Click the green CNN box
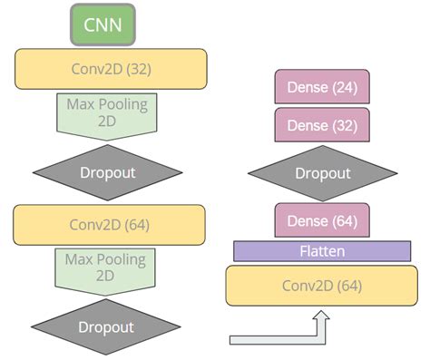pyautogui.click(x=103, y=24)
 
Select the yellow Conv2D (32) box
pyautogui.click(x=110, y=69)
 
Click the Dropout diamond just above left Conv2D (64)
pyautogui.click(x=107, y=172)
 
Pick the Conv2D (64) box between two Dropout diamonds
pyautogui.click(x=110, y=224)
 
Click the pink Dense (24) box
pyautogui.click(x=321, y=87)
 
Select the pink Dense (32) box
pyautogui.click(x=321, y=124)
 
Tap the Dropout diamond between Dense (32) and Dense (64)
pyautogui.click(x=321, y=173)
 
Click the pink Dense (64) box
pyautogui.click(x=321, y=220)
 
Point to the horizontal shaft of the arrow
pyautogui.click(x=272, y=339)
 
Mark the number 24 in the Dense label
pyautogui.click(x=343, y=87)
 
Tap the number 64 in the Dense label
pyautogui.click(x=343, y=220)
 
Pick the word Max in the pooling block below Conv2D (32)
pyautogui.click(x=81, y=104)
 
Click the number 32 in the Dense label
pyautogui.click(x=343, y=124)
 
